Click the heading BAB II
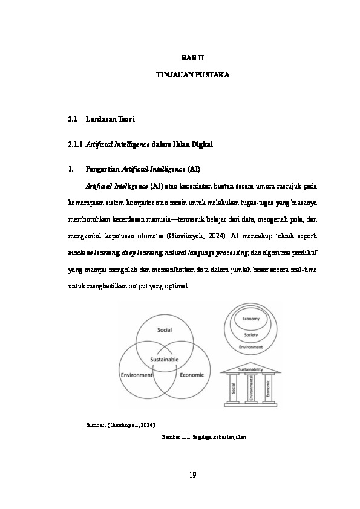click(x=194, y=57)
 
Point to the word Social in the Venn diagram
click(x=165, y=330)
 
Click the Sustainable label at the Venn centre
click(x=165, y=360)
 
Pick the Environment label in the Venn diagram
click(x=137, y=375)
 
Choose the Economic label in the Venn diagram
click(x=192, y=375)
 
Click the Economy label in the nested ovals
click(x=251, y=319)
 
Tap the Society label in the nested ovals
click(x=251, y=334)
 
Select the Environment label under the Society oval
click(x=250, y=347)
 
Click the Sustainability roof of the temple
click(x=250, y=368)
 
